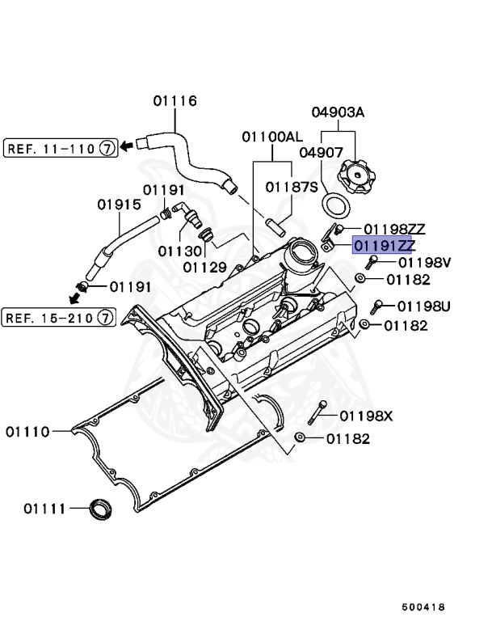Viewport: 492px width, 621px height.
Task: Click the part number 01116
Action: click(175, 101)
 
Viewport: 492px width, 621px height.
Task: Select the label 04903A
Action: click(337, 112)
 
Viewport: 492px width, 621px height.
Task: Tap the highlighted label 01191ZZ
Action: click(384, 246)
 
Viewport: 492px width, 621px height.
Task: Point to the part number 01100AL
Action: click(271, 137)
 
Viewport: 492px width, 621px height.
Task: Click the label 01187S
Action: click(292, 186)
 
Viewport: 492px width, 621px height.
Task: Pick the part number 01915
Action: click(120, 205)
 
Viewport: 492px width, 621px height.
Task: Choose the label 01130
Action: click(179, 251)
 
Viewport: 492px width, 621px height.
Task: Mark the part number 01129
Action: click(204, 266)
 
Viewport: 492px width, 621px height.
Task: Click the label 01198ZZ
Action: click(394, 230)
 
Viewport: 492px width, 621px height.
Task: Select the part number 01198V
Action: click(424, 263)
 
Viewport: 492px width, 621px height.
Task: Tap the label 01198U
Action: click(424, 306)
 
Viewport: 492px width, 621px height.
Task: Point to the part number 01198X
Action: click(366, 416)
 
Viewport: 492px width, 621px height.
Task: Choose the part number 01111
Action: click(44, 509)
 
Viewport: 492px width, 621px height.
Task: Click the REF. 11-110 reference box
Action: click(60, 147)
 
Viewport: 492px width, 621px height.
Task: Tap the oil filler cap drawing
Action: click(355, 175)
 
